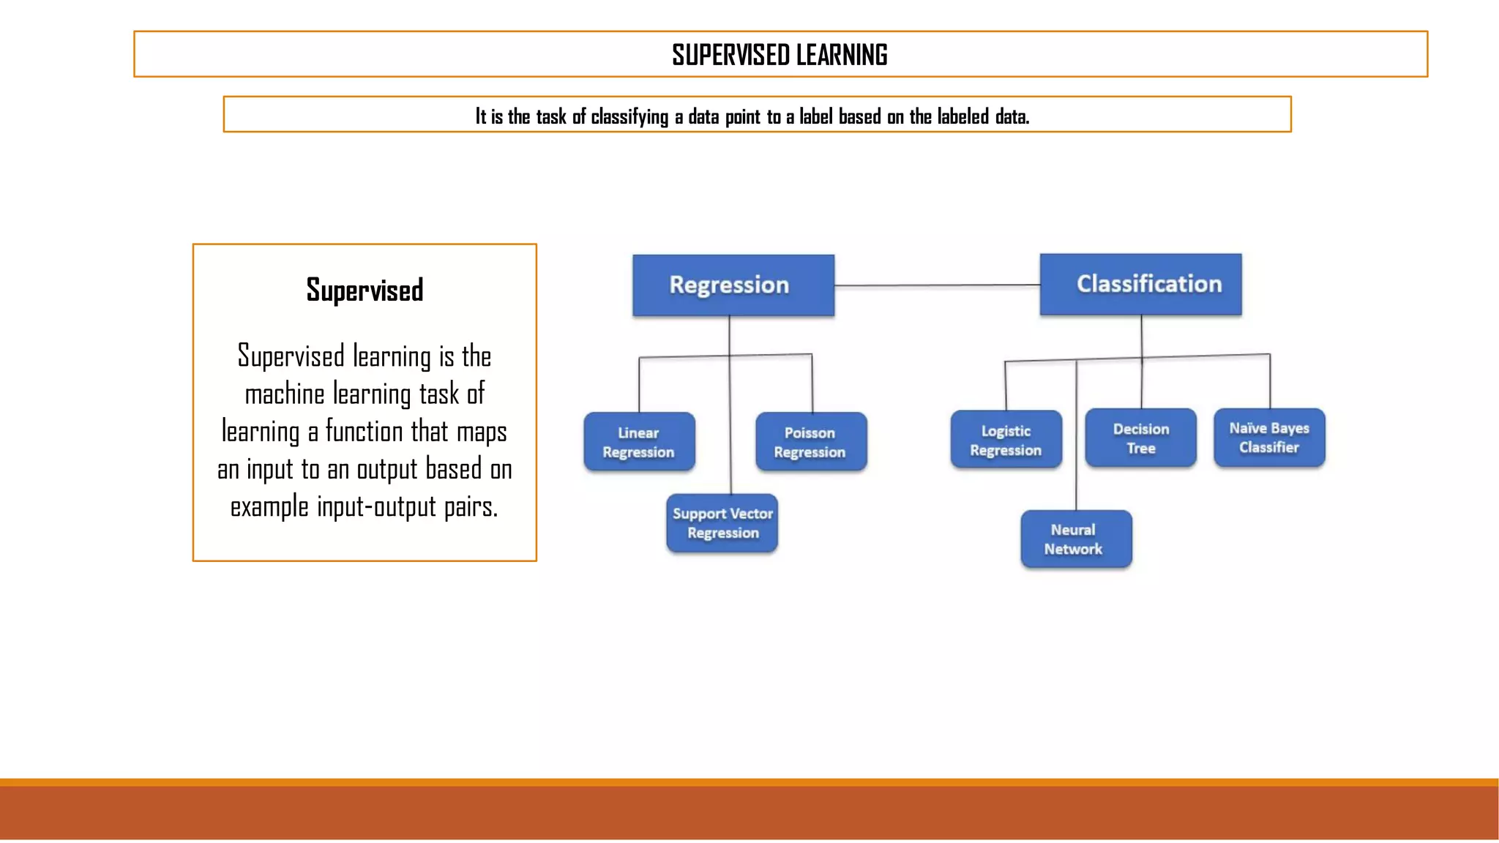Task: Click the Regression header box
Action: click(x=733, y=285)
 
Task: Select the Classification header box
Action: click(x=1140, y=284)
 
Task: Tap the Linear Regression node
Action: click(x=639, y=442)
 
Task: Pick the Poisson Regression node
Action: click(x=810, y=442)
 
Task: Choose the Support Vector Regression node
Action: click(x=722, y=523)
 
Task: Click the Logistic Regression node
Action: click(x=1006, y=440)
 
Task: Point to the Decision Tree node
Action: click(x=1140, y=438)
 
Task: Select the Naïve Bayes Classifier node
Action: click(x=1269, y=438)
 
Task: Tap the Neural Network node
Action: click(x=1076, y=539)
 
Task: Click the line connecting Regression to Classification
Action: click(x=937, y=285)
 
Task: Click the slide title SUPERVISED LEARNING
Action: click(x=780, y=55)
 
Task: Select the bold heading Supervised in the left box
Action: click(x=365, y=291)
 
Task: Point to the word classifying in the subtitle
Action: click(x=629, y=116)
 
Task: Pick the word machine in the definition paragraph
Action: click(x=284, y=394)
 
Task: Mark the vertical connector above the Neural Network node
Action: click(x=1076, y=439)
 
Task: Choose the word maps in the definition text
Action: click(x=481, y=432)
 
